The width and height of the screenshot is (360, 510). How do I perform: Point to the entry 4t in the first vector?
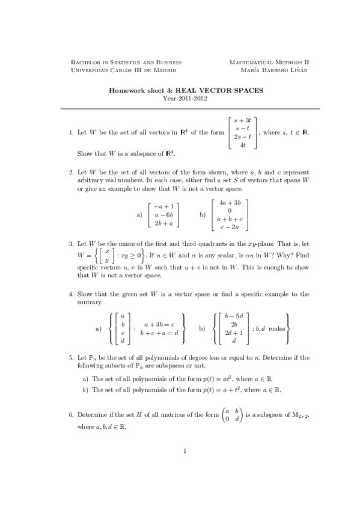click(242, 145)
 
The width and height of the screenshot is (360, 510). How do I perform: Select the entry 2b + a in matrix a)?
click(164, 223)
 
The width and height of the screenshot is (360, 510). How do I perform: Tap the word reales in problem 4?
click(276, 328)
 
